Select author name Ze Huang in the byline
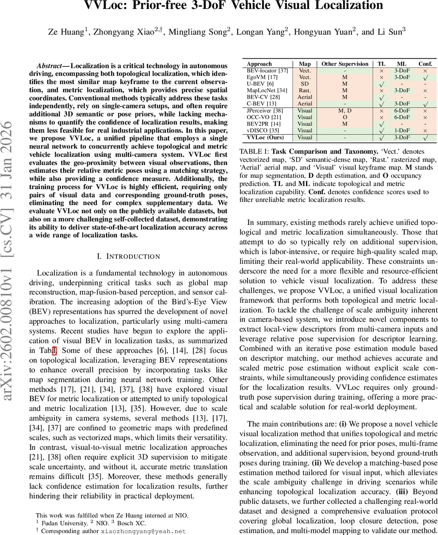66,32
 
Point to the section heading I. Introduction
128,256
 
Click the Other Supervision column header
345,64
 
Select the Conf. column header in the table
425,64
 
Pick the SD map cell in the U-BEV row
305,84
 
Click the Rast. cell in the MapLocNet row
305,91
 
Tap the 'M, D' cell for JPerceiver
345,111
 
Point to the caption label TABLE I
254,152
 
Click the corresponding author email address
143,531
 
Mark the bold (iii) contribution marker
405,492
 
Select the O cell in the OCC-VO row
345,117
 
